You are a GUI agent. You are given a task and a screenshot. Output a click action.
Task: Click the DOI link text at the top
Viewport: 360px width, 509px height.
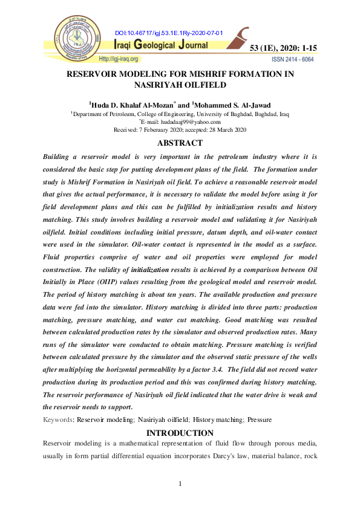(x=169, y=33)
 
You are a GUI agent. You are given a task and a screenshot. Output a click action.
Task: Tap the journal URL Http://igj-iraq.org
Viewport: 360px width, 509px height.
(x=119, y=59)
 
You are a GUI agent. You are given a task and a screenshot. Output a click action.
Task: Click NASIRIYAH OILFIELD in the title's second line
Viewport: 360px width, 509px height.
(x=180, y=85)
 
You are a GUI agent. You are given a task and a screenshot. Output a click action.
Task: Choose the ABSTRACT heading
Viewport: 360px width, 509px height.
(x=180, y=143)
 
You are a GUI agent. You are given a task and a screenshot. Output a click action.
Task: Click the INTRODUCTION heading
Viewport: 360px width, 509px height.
(x=180, y=433)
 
